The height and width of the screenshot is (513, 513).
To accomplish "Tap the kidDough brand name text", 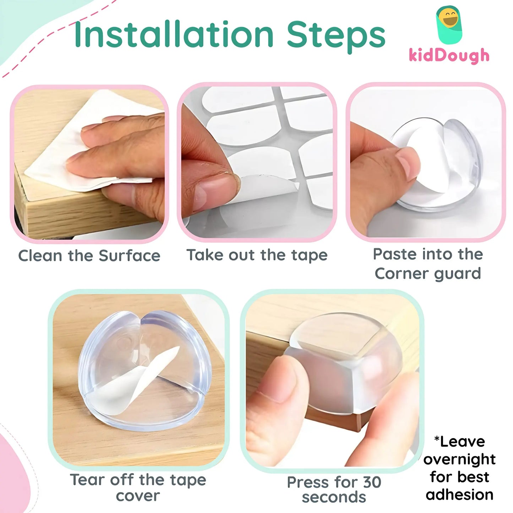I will [449, 56].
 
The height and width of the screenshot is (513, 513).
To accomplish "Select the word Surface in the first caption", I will [130, 256].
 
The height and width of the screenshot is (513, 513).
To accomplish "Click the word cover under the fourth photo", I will [138, 496].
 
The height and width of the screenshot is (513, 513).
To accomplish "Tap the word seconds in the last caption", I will [334, 497].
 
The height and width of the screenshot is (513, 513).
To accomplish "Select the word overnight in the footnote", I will [459, 459].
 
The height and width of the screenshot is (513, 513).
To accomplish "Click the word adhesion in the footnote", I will [459, 495].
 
